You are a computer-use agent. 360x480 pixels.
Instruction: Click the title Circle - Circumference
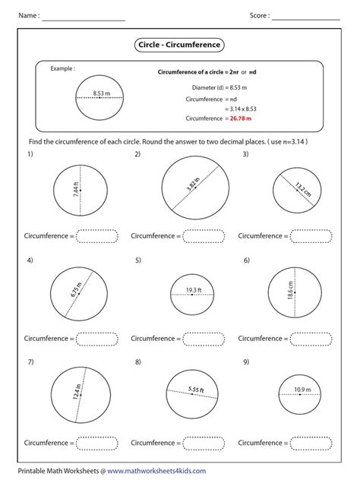pyautogui.click(x=179, y=45)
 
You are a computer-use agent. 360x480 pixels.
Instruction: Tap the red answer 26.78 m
pyautogui.click(x=240, y=118)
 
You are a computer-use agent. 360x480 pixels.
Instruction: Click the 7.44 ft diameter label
pyautogui.click(x=75, y=190)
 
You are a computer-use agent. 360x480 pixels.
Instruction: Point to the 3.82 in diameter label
pyautogui.click(x=193, y=184)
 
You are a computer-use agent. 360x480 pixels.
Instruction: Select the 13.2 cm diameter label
pyautogui.click(x=303, y=189)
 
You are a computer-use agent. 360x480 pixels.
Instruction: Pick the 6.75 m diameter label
pyautogui.click(x=76, y=289)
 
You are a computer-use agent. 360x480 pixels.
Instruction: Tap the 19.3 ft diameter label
pyautogui.click(x=194, y=289)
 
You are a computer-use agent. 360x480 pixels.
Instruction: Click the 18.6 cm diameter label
pyautogui.click(x=290, y=290)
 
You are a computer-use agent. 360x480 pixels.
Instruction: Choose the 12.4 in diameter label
pyautogui.click(x=77, y=392)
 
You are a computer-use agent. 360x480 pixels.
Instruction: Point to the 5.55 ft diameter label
pyautogui.click(x=196, y=390)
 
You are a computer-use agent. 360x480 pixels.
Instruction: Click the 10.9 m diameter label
pyautogui.click(x=302, y=390)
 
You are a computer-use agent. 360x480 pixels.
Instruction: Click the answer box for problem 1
pyautogui.click(x=96, y=236)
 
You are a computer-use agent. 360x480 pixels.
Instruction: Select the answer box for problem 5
pyautogui.click(x=204, y=339)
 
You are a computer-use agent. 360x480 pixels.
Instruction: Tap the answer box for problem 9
pyautogui.click(x=311, y=443)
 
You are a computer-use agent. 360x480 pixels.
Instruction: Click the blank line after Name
pyautogui.click(x=84, y=21)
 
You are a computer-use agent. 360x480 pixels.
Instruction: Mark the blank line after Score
pyautogui.click(x=306, y=20)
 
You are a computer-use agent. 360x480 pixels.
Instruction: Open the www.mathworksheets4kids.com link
pyautogui.click(x=156, y=471)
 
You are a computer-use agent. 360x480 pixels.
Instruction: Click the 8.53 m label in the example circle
pyautogui.click(x=102, y=93)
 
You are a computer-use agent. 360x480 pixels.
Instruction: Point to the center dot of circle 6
pyautogui.click(x=295, y=292)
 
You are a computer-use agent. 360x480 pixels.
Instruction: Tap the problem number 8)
pyautogui.click(x=138, y=362)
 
